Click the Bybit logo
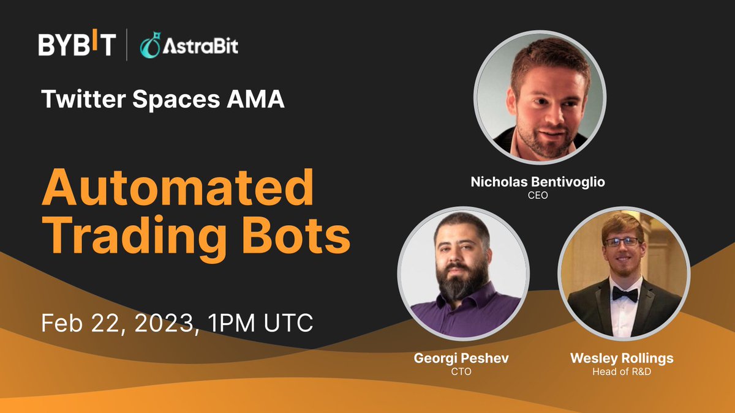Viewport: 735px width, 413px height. (77, 45)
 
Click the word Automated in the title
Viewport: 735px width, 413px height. (177, 189)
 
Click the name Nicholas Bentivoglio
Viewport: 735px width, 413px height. (540, 182)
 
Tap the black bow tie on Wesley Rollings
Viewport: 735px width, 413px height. (624, 294)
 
